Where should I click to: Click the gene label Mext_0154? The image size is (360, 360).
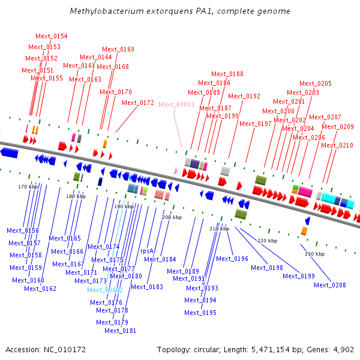tap(52, 36)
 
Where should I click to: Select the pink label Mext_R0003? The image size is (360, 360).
tap(176, 104)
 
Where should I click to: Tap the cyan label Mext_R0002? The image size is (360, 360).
tap(105, 290)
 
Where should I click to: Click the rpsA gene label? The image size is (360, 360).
tap(147, 251)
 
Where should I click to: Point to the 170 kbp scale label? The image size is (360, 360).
tap(28, 187)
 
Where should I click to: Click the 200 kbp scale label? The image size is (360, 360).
tap(172, 217)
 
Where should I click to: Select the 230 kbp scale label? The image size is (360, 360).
tap(315, 254)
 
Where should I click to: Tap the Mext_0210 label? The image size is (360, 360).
tap(337, 145)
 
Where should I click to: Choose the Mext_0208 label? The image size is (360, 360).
tap(330, 285)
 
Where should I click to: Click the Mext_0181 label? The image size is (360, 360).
tap(121, 331)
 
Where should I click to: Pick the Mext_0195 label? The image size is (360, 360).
tap(200, 313)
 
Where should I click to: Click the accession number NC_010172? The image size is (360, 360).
tap(65, 350)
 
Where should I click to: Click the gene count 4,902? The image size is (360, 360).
tap(343, 350)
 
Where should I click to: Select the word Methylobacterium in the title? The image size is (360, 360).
tap(107, 11)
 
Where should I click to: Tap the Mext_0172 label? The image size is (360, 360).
tap(138, 103)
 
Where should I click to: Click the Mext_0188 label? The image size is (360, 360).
tap(227, 74)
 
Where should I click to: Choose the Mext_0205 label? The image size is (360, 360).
tap(316, 83)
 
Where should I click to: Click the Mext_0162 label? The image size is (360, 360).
tap(40, 289)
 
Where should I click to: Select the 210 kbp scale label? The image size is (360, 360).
tap(219, 229)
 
